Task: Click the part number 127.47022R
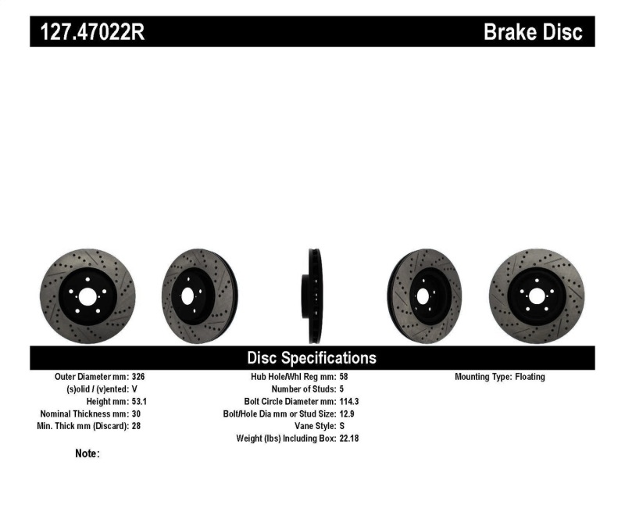click(x=87, y=32)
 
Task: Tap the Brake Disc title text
click(x=533, y=32)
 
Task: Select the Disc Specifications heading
click(x=312, y=358)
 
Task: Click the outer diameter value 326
click(x=137, y=377)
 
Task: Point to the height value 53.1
click(x=140, y=402)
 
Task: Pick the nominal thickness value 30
click(x=135, y=414)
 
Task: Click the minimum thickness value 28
click(x=135, y=427)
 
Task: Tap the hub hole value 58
click(x=345, y=377)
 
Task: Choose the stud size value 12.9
click(x=348, y=414)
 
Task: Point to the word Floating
click(x=530, y=377)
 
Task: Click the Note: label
click(x=87, y=453)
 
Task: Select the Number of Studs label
click(x=303, y=389)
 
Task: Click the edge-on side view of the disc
click(x=312, y=295)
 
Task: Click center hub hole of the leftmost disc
click(x=86, y=296)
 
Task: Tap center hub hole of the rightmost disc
click(x=536, y=295)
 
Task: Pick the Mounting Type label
click(x=483, y=377)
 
